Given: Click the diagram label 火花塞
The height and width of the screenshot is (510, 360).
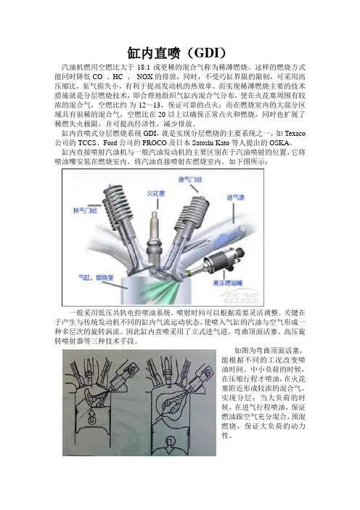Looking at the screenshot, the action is click(x=156, y=193).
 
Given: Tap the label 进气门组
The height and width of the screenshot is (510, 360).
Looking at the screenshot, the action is click(x=190, y=179).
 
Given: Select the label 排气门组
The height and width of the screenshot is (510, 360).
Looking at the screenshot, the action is click(x=85, y=211).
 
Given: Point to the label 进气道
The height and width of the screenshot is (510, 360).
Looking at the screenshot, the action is click(x=236, y=198).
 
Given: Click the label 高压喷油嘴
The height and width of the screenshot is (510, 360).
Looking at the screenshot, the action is click(x=228, y=283).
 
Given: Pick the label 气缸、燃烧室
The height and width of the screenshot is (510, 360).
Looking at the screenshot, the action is click(x=97, y=278).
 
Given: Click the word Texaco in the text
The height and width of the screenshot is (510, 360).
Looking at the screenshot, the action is click(x=295, y=134).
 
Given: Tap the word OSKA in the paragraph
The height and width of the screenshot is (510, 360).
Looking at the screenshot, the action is click(x=279, y=143).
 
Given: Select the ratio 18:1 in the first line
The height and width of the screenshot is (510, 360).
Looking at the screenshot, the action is click(x=144, y=68).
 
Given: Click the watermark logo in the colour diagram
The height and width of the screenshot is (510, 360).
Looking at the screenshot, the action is click(x=240, y=296).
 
